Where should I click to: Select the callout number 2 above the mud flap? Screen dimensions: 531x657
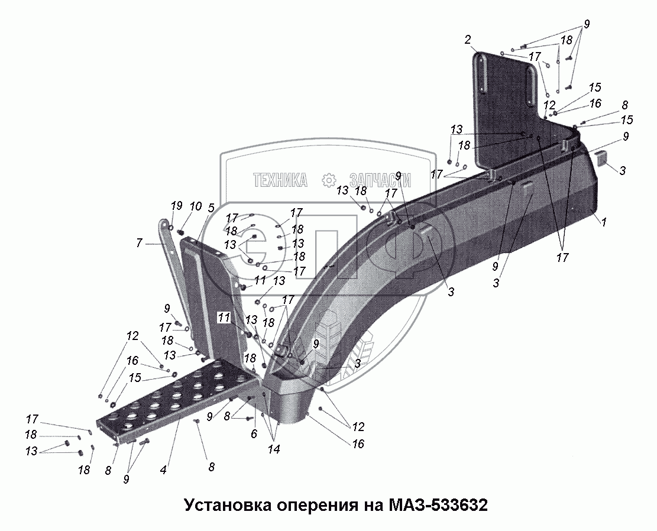467,40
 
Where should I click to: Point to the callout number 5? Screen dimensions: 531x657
211,208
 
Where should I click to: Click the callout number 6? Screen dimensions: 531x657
255,434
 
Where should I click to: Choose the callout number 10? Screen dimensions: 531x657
195,206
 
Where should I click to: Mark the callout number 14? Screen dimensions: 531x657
273,449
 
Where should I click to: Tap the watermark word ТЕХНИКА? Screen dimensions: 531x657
280,180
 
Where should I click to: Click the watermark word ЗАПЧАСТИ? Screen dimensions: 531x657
380,180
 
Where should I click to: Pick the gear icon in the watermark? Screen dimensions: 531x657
329,180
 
